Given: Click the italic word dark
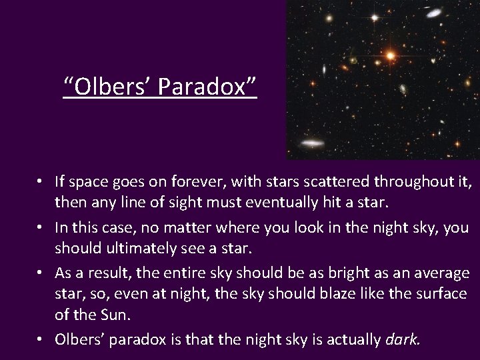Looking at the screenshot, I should [402, 340].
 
